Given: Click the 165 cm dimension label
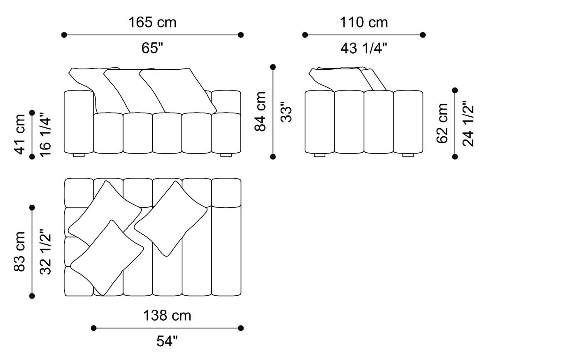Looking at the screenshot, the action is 153,22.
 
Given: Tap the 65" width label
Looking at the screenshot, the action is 152,48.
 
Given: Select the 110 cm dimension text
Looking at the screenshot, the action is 364,22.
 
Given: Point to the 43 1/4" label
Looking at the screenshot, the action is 364,48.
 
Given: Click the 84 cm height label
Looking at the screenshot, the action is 261,112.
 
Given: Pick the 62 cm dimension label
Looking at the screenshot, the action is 442,123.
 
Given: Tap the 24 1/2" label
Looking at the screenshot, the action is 468,124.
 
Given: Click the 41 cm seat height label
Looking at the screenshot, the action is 20,135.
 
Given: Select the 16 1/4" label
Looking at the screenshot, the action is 45,135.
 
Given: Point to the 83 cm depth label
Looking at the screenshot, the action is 20,252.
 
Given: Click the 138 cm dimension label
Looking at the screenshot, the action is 167,316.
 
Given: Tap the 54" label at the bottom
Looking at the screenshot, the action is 167,341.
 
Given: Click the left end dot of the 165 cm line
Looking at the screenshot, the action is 64,35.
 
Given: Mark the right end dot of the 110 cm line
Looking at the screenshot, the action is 423,35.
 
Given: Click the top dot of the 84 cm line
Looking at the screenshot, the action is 273,67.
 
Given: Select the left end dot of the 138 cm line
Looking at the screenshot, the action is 94,328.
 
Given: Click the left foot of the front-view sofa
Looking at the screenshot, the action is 79,155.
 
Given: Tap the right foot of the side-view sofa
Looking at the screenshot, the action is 408,155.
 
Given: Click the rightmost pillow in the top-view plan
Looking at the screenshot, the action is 171,218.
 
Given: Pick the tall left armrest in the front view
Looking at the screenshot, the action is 79,122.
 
